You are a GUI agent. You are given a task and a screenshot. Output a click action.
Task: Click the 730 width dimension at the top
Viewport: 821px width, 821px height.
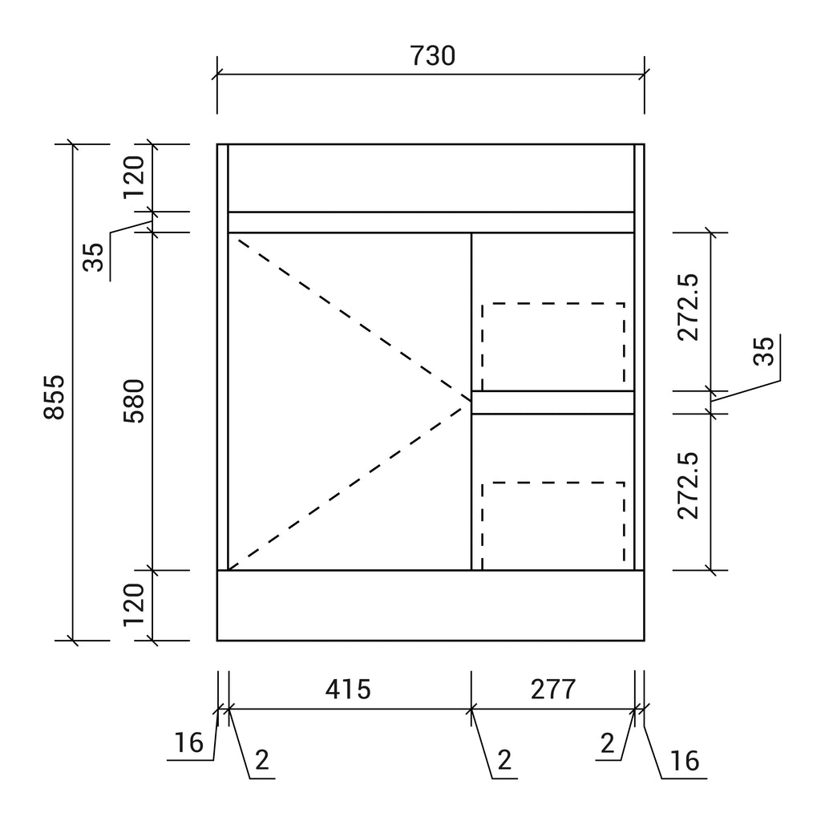pyautogui.click(x=432, y=56)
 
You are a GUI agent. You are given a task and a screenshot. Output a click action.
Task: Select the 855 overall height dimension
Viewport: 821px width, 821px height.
pyautogui.click(x=54, y=397)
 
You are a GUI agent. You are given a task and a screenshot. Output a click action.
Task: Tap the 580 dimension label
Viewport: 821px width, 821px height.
pyautogui.click(x=134, y=401)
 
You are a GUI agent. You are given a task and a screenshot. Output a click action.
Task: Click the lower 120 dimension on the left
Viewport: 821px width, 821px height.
pyautogui.click(x=134, y=605)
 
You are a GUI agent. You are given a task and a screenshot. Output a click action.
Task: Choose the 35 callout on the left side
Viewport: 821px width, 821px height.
pyautogui.click(x=94, y=257)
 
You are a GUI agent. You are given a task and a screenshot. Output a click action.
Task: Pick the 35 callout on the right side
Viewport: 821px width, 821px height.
pyautogui.click(x=763, y=351)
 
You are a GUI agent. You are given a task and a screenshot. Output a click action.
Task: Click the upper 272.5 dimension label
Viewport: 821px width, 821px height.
pyautogui.click(x=688, y=307)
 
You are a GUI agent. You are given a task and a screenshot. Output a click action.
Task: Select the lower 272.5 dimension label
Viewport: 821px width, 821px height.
pyautogui.click(x=688, y=485)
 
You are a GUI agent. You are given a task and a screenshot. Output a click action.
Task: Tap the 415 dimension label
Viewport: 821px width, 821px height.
pyautogui.click(x=348, y=689)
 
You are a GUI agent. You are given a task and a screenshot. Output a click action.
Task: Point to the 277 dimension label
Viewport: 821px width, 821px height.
pyautogui.click(x=553, y=689)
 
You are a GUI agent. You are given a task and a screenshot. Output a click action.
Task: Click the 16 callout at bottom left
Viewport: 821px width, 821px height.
pyautogui.click(x=188, y=742)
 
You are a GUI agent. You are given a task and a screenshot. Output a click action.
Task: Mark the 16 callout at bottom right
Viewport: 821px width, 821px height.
pyautogui.click(x=685, y=761)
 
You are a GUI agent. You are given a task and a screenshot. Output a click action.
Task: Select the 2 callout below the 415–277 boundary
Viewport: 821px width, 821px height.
pyautogui.click(x=504, y=760)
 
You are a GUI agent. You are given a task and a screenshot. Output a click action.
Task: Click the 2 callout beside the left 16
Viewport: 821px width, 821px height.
pyautogui.click(x=262, y=760)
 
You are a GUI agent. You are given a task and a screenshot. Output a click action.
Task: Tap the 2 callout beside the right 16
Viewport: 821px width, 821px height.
pyautogui.click(x=608, y=743)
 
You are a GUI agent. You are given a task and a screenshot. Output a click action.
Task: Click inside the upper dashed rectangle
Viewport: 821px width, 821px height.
pyautogui.click(x=553, y=346)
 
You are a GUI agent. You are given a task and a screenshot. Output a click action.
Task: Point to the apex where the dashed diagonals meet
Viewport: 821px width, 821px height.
pyautogui.click(x=471, y=401)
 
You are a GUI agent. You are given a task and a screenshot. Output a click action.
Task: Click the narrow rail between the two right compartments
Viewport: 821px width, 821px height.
pyautogui.click(x=553, y=402)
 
